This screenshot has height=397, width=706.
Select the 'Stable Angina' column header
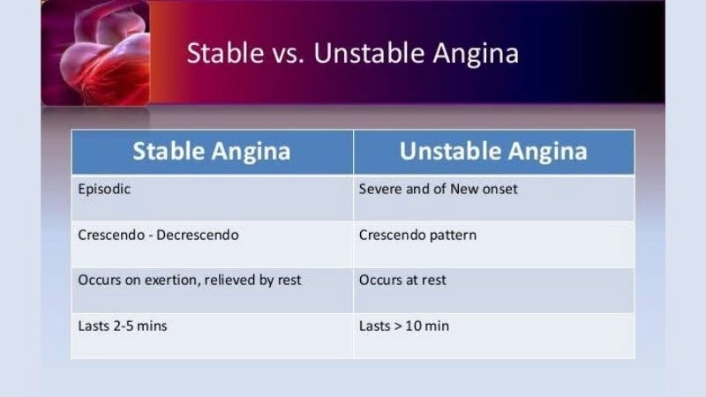(212, 151)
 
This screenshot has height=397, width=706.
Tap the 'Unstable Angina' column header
(493, 151)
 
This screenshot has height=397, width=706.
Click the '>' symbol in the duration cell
(398, 326)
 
